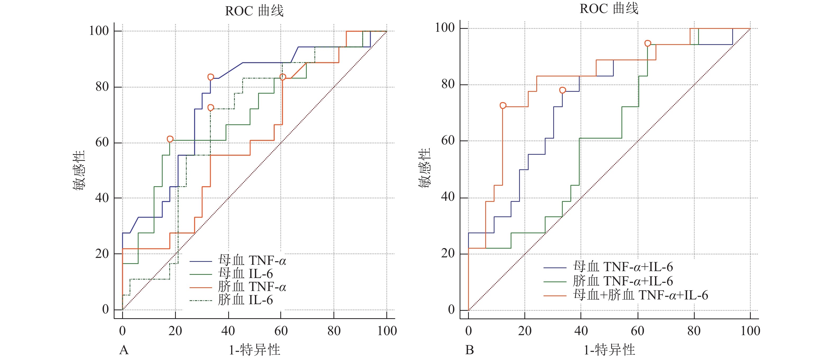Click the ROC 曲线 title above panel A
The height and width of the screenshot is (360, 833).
tap(254, 11)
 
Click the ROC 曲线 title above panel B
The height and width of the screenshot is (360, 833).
tap(609, 9)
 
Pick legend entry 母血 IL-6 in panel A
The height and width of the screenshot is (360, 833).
tap(245, 274)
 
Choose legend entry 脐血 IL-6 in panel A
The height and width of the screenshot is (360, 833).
tap(245, 300)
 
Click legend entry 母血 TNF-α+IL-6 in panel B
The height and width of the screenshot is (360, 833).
tap(623, 267)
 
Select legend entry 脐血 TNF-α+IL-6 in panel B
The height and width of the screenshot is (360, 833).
tap(623, 281)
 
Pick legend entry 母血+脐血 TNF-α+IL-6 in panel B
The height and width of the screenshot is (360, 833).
tap(640, 295)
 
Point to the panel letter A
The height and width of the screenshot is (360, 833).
tap(124, 350)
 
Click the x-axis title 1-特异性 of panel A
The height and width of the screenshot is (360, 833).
tap(254, 350)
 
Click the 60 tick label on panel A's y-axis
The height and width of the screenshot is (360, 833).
tap(102, 142)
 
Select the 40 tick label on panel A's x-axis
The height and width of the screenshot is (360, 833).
tap(228, 331)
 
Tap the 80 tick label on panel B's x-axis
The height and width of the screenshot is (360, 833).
tap(694, 331)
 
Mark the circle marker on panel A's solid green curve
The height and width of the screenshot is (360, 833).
tap(170, 139)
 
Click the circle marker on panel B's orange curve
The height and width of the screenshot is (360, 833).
tap(503, 106)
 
